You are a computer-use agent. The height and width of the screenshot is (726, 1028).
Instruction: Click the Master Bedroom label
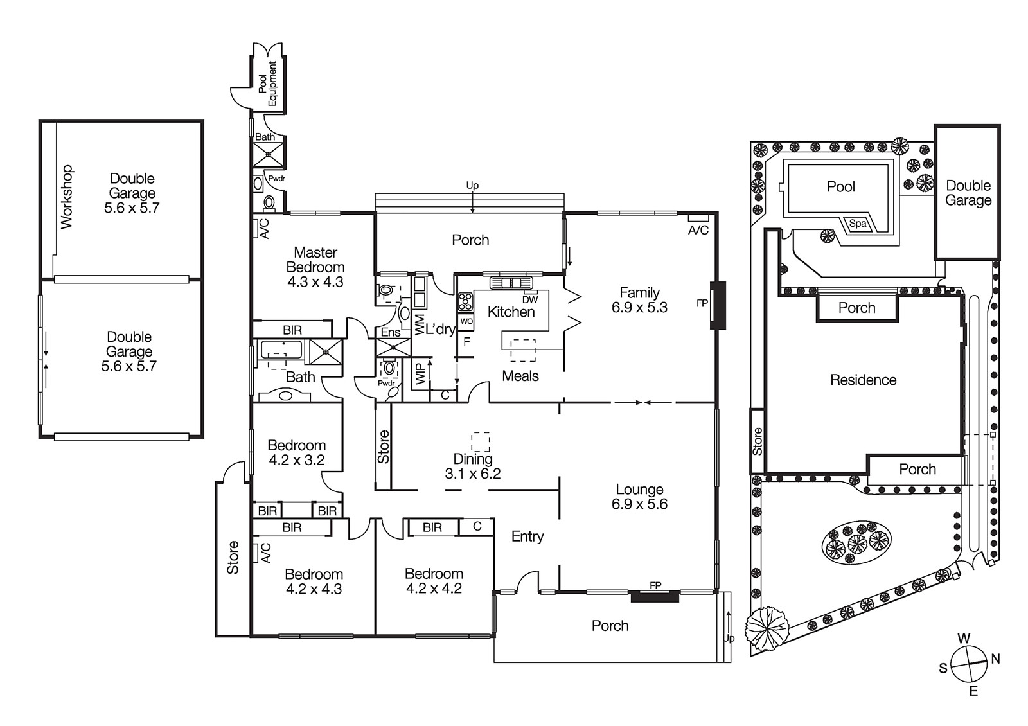point(315,267)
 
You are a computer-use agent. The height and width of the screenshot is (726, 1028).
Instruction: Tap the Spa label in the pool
point(858,224)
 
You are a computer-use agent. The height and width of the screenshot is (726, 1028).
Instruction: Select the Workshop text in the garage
point(67,197)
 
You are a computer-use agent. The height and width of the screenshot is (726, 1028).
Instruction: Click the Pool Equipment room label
point(267,84)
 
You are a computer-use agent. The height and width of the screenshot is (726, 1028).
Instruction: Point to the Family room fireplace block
point(718,305)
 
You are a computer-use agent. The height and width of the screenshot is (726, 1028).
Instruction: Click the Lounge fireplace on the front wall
point(655,596)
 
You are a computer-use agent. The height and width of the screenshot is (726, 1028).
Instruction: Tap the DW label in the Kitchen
point(530,300)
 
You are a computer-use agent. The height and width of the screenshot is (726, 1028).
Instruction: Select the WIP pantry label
point(420,375)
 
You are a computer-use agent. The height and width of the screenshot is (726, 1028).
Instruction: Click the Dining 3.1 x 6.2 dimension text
point(473,474)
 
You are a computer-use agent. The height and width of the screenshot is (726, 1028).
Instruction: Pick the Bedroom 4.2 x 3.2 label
point(296,452)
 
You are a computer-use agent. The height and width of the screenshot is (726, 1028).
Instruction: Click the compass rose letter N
point(995,659)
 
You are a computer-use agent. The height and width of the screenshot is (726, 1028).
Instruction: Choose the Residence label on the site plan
point(863,380)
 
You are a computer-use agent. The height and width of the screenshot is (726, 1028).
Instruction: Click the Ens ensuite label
point(391,332)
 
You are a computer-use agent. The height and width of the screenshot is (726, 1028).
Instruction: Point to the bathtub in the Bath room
point(281,351)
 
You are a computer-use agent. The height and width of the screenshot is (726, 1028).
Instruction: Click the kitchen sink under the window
point(511,283)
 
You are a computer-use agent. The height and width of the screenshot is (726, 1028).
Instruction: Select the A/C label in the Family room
point(698,230)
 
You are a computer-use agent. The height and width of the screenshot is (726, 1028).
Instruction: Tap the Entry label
point(527,536)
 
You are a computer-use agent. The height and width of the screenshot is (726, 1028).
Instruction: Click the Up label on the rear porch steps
point(472,186)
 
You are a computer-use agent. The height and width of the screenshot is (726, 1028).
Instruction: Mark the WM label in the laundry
point(420,324)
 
